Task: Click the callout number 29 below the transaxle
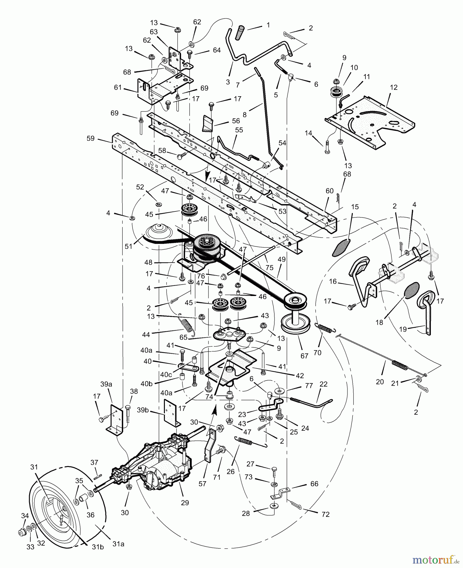[x=185, y=502]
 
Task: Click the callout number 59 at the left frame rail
[x=91, y=138]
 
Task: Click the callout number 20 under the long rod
[x=380, y=382]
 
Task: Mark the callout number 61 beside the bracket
[x=118, y=87]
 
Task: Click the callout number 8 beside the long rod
[x=244, y=115]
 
